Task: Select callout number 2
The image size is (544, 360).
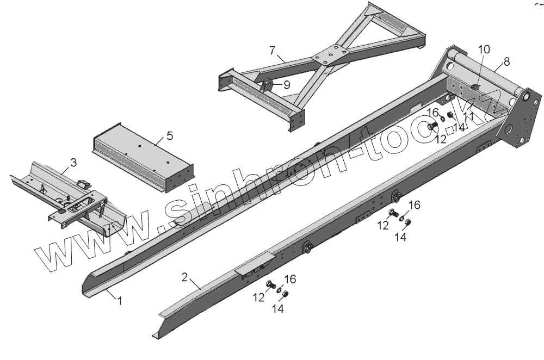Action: click(x=185, y=277)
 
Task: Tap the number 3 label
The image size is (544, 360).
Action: click(x=73, y=162)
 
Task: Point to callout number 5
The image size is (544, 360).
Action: click(x=170, y=135)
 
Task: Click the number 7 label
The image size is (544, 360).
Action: click(x=272, y=51)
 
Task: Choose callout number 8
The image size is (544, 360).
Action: click(x=506, y=61)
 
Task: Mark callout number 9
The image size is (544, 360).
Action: click(x=286, y=84)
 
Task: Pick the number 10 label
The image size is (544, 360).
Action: click(x=484, y=49)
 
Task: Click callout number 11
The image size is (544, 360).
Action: click(x=469, y=116)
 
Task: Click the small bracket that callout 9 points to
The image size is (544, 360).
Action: click(x=267, y=86)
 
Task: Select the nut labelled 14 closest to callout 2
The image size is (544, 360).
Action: click(x=287, y=295)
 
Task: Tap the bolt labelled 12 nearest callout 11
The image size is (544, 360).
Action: click(x=432, y=127)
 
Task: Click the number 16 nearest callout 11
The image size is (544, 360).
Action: click(x=432, y=113)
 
